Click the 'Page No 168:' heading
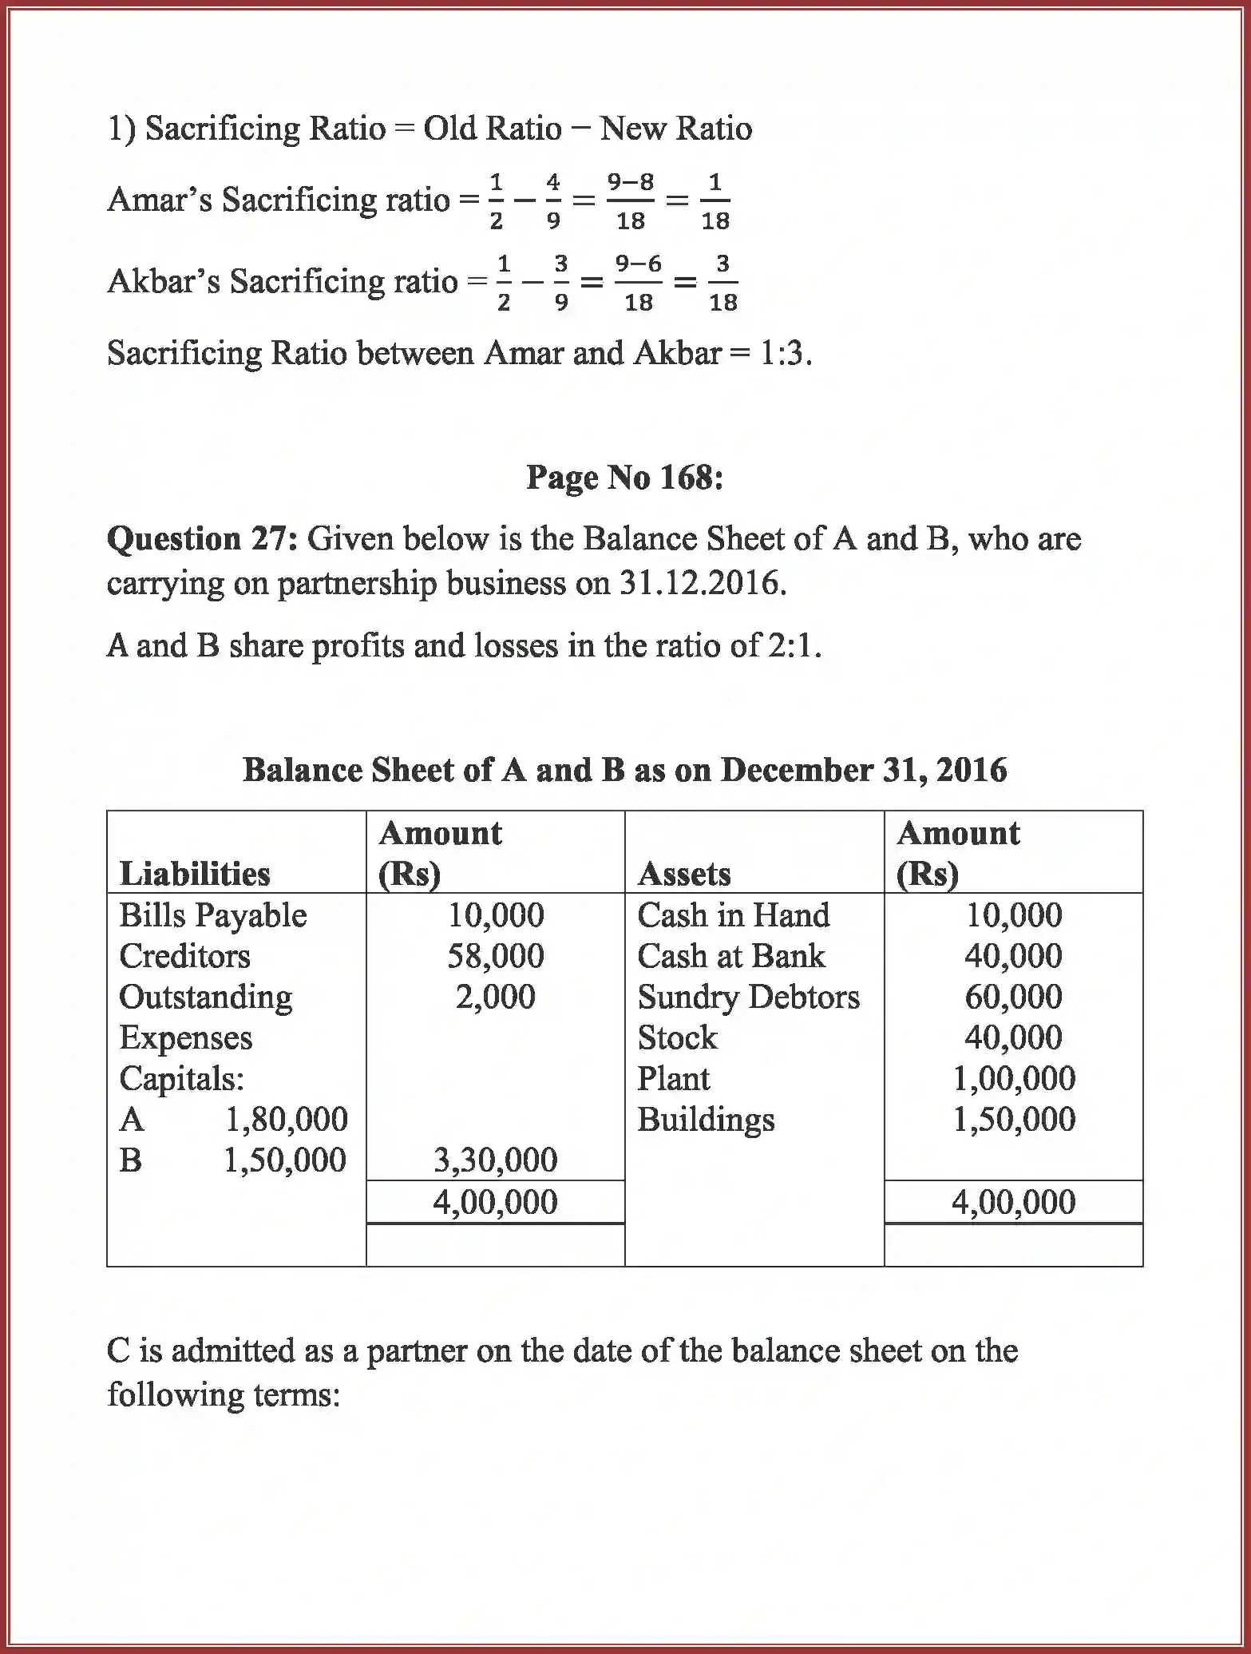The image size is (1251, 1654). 624,478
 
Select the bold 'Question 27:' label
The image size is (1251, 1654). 201,539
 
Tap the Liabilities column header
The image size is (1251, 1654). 195,874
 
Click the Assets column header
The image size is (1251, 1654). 684,874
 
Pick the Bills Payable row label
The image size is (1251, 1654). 212,915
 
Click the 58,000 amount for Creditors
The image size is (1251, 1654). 495,956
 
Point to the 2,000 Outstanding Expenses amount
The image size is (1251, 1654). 495,997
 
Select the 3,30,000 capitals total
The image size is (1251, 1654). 495,1160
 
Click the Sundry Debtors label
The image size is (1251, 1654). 748,997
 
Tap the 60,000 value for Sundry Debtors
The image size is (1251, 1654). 1013,997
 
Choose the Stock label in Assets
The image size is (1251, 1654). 677,1037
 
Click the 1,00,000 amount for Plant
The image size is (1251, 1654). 1013,1079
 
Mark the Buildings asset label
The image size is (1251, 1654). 706,1120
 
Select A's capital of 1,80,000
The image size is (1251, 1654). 286,1120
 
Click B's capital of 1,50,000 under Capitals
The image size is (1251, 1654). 284,1160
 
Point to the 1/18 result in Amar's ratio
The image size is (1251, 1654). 715,201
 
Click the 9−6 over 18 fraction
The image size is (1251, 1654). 638,282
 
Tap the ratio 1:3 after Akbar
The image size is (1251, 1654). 780,353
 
